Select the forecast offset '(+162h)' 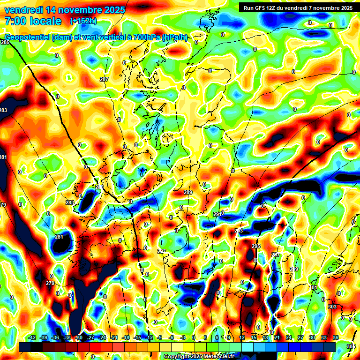[x=83, y=21]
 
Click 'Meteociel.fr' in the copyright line [x=218, y=357]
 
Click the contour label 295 [x=256, y=246]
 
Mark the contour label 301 [x=314, y=287]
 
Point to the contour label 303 [x=332, y=307]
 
